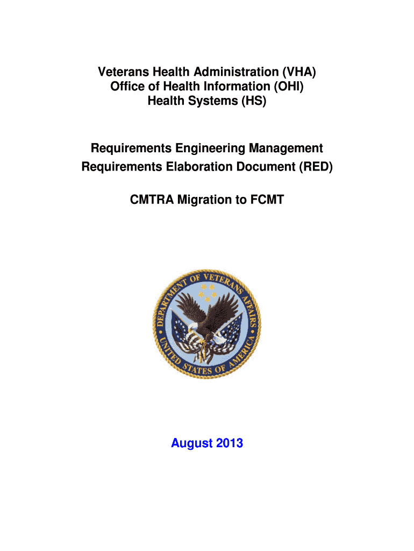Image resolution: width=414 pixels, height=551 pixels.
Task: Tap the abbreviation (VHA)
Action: pos(298,72)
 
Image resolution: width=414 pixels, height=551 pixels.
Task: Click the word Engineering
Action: pos(206,148)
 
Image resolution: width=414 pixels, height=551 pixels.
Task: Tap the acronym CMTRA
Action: pos(153,200)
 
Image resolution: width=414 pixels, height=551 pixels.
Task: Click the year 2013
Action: pos(230,444)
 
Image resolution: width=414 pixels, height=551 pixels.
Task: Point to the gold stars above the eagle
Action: pos(207,292)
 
